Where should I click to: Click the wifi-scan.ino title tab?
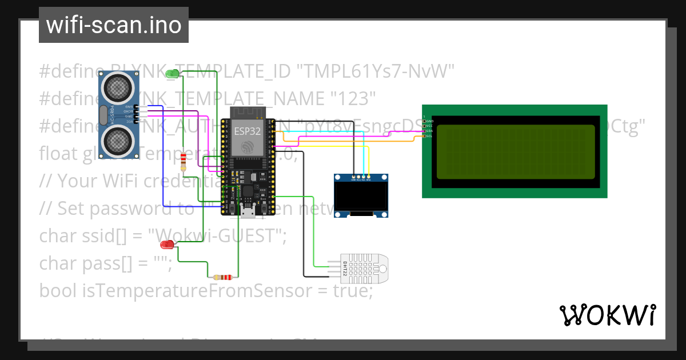coord(113,25)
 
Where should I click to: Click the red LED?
coord(167,245)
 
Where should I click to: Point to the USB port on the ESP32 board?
coord(248,212)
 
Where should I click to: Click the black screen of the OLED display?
coord(361,197)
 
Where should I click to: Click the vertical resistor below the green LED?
coord(183,162)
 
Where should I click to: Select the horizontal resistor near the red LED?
coord(222,277)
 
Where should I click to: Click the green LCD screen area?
coord(514,151)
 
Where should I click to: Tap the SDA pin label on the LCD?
coord(429,131)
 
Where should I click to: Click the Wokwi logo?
coord(607,315)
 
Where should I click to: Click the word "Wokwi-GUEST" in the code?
coord(214,235)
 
